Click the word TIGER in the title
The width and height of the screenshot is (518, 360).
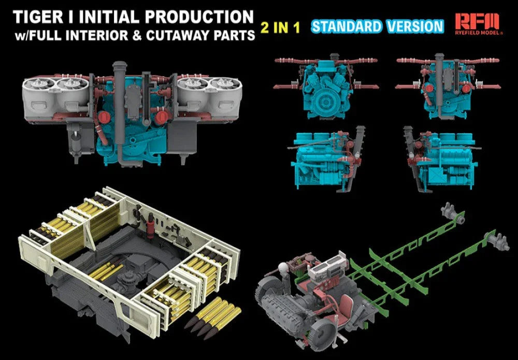click(38, 17)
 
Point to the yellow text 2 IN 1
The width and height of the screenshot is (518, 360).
click(280, 28)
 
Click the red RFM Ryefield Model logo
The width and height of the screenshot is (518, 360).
click(479, 24)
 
